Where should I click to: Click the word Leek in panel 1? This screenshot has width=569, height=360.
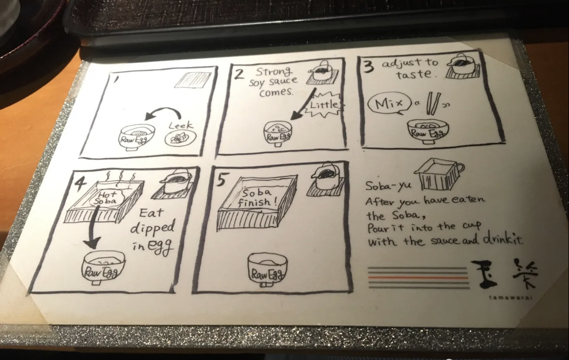tap(181, 126)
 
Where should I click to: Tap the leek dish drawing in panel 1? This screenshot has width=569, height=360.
tap(181, 138)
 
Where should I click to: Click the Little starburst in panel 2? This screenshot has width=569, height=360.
tap(324, 105)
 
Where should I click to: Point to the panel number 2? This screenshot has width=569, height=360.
tap(238, 74)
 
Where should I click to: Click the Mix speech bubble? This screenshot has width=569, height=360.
tap(389, 104)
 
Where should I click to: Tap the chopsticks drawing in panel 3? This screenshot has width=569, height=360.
tap(433, 102)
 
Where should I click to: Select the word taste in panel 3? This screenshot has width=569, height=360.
tap(414, 74)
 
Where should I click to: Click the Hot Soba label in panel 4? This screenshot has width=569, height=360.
tap(107, 197)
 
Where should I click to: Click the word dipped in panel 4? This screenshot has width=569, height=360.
tap(152, 228)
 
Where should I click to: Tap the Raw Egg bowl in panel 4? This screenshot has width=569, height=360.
tap(103, 267)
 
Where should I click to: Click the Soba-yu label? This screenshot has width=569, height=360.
tap(388, 186)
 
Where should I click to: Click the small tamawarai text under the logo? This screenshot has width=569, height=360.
tap(510, 298)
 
